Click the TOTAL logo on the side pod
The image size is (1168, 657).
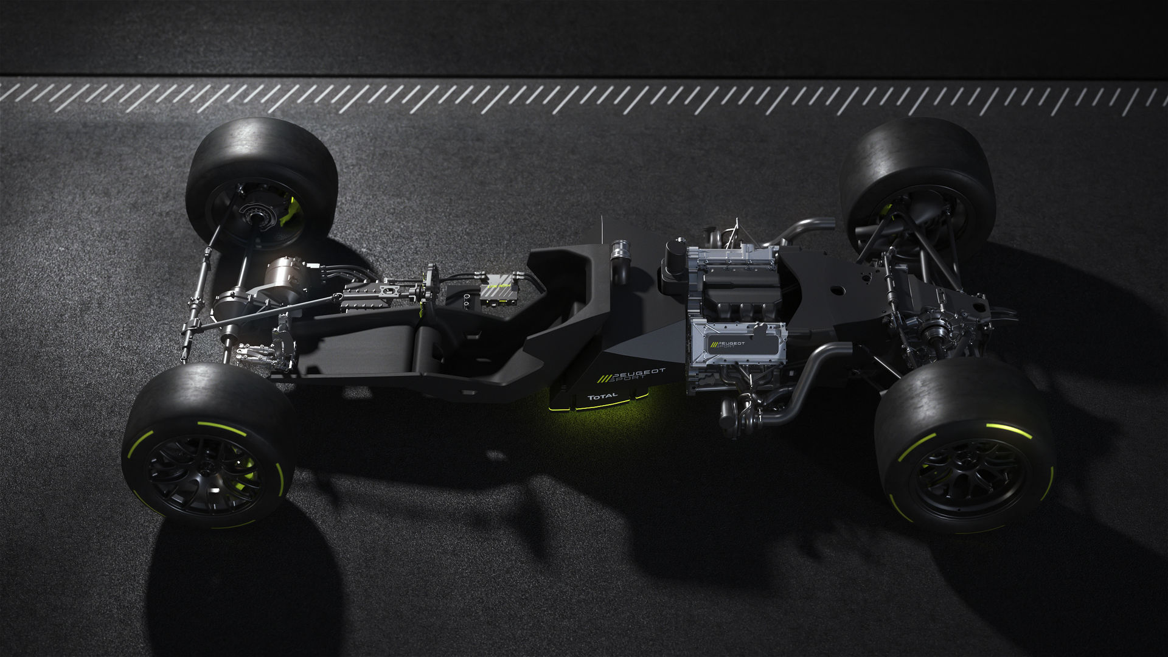pyautogui.click(x=602, y=397)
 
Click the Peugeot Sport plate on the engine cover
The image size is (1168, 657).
pyautogui.click(x=736, y=345)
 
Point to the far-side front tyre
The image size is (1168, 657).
pyautogui.click(x=262, y=176)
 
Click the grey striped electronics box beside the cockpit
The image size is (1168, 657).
pyautogui.click(x=497, y=290)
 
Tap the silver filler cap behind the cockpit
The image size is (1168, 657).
pyautogui.click(x=620, y=249)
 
